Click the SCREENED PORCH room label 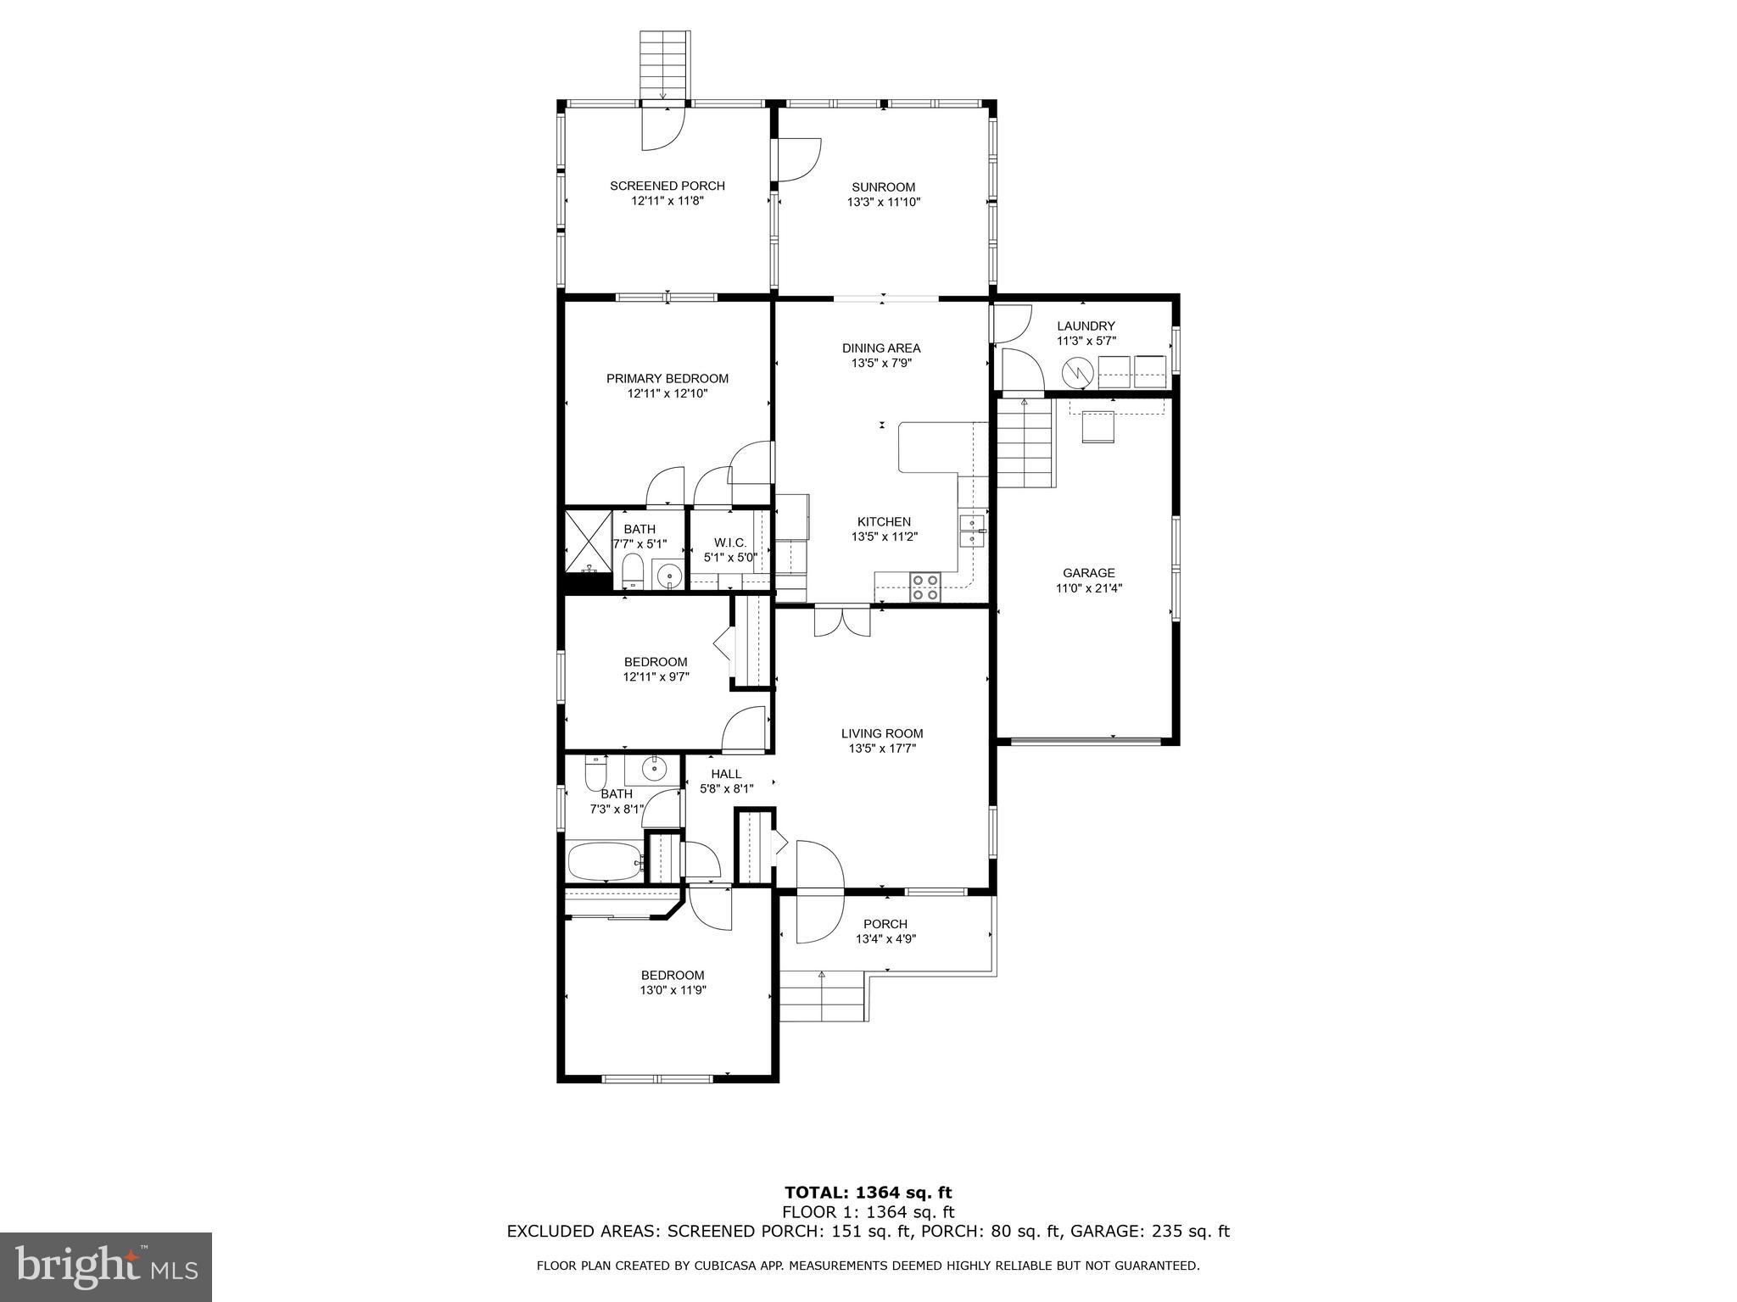click(667, 186)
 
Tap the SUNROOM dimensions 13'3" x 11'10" click(883, 203)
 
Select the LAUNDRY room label click(1086, 326)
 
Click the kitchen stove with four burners click(925, 587)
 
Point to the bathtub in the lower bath click(604, 861)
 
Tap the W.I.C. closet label click(729, 542)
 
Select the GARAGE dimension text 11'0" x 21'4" click(1088, 588)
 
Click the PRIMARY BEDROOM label click(667, 379)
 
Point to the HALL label click(726, 774)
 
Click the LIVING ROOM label click(882, 733)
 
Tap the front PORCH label click(885, 924)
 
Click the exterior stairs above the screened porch click(663, 64)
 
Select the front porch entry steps click(821, 997)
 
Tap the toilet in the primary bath click(633, 570)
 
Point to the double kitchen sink click(972, 531)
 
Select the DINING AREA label click(880, 348)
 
